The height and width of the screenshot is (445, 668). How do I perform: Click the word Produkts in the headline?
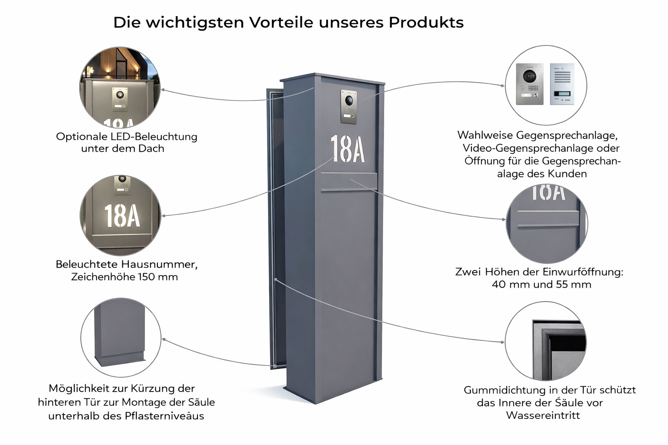pyautogui.click(x=426, y=22)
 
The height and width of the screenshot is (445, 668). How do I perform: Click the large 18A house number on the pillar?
pyautogui.click(x=347, y=149)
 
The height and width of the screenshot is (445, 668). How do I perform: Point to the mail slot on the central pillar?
pyautogui.click(x=349, y=182)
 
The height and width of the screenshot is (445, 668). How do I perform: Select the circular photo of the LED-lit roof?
pyautogui.click(x=120, y=87)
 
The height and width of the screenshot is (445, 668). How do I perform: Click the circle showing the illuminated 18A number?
pyautogui.click(x=120, y=215)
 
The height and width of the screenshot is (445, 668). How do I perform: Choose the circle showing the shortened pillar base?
pyautogui.click(x=120, y=337)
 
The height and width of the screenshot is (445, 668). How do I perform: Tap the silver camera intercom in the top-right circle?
pyautogui.click(x=529, y=84)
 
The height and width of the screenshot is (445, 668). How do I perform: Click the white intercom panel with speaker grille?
pyautogui.click(x=562, y=84)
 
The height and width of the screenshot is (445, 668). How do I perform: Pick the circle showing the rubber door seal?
pyautogui.click(x=546, y=342)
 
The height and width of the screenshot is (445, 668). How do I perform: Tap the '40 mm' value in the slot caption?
pyautogui.click(x=511, y=285)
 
